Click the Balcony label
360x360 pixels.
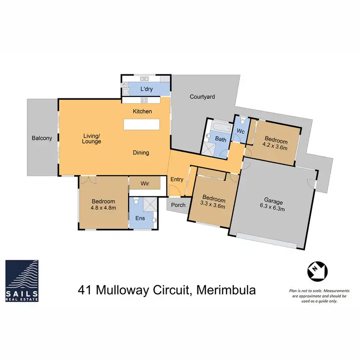[x=42, y=138]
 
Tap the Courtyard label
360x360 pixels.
[x=202, y=96]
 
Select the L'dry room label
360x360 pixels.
[x=146, y=89]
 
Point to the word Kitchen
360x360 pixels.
[x=143, y=111]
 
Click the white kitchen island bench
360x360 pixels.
[x=142, y=124]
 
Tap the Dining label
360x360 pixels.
[x=141, y=153]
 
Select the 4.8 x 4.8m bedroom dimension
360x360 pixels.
[x=104, y=208]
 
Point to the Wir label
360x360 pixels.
[x=146, y=183]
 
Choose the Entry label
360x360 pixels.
[x=177, y=180]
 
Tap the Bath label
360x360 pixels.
[x=221, y=140]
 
